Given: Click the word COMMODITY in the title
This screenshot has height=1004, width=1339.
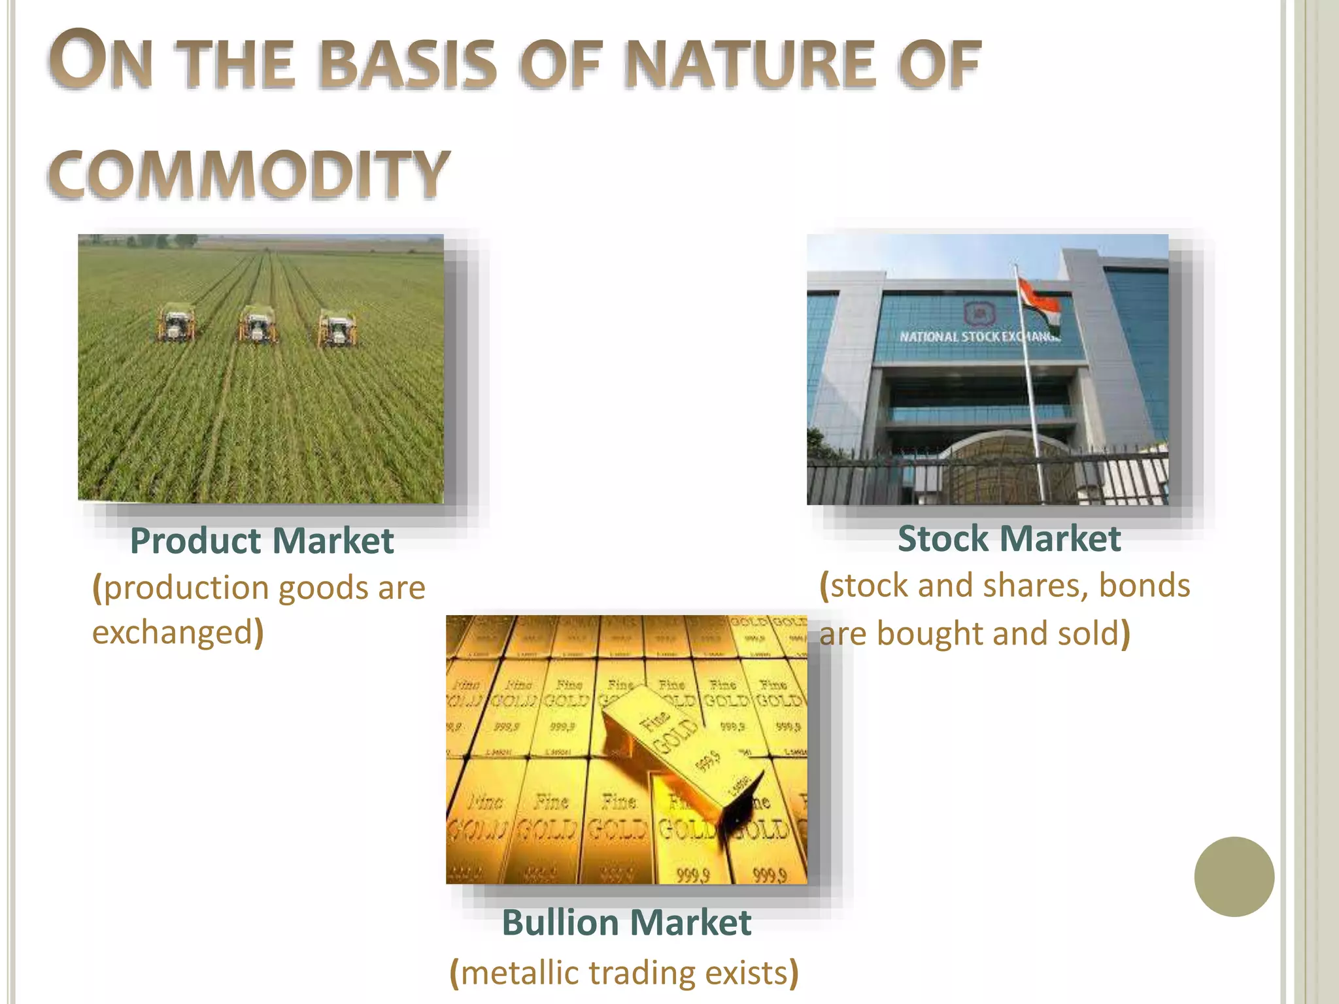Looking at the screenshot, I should coord(248,173).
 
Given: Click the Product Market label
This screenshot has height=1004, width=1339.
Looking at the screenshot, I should coord(262,541).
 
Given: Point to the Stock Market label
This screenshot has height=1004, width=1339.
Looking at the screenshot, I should coord(1009,539).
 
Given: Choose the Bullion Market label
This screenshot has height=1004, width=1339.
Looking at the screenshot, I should coord(626,923).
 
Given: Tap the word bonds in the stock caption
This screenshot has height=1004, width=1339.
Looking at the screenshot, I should coord(1144,585).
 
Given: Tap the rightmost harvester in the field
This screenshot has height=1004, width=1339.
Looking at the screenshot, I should coord(337,328).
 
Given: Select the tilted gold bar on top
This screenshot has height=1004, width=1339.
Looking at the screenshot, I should coord(680,745).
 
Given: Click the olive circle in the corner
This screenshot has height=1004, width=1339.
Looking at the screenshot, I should coord(1234,877).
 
